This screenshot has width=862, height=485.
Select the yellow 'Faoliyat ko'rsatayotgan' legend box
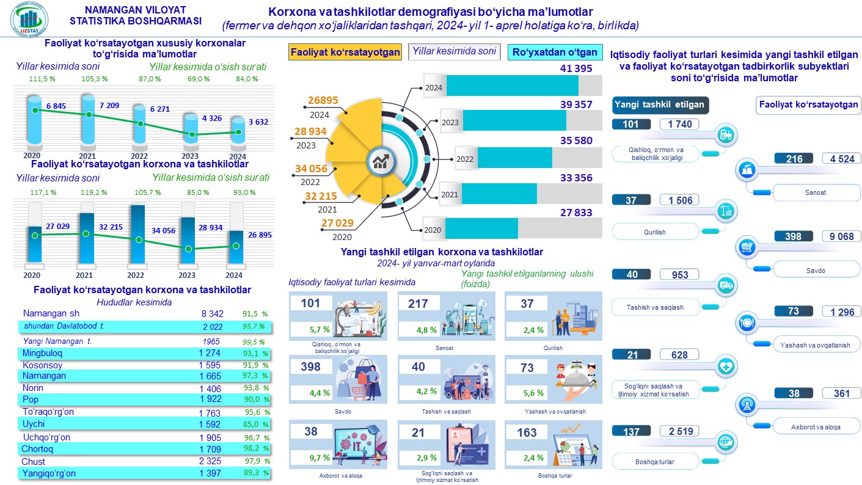coord(345,52)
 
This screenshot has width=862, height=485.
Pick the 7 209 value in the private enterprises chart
coord(109,106)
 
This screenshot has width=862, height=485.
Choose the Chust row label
coord(33,461)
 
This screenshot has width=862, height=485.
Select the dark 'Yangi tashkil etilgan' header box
coord(659,104)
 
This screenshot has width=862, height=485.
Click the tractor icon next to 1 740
coord(726,134)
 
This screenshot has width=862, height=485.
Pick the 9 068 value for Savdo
coord(841,236)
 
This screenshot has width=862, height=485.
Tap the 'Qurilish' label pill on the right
coord(655,232)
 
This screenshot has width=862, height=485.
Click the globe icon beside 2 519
coord(726,442)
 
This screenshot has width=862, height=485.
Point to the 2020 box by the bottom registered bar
coord(433,230)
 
